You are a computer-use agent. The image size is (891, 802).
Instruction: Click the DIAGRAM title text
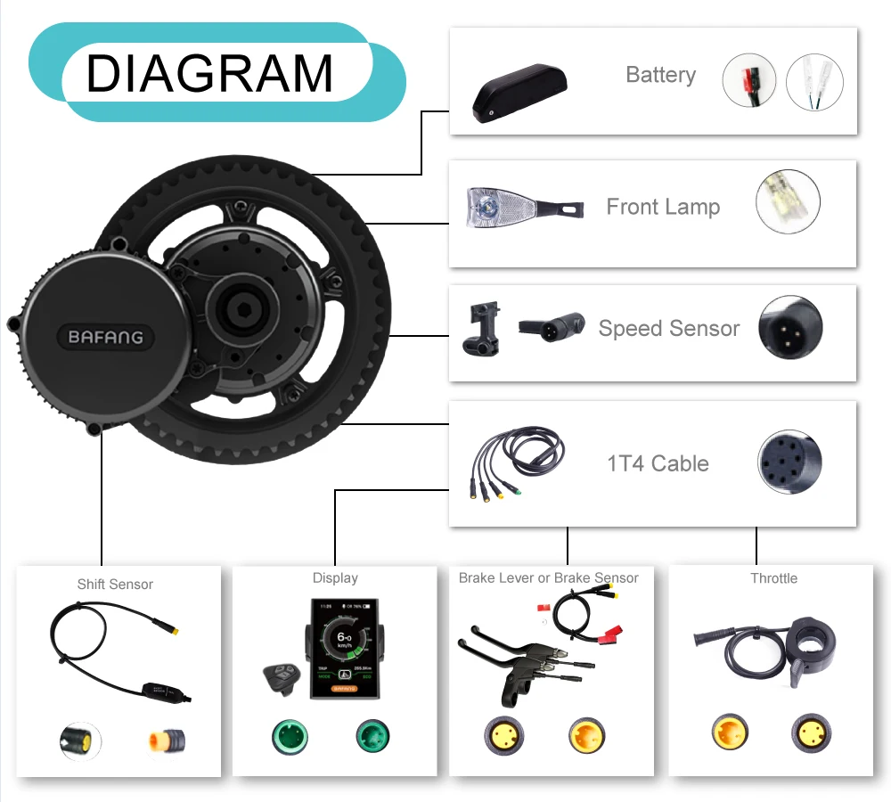tap(210, 73)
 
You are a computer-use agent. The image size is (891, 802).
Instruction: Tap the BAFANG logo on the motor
tap(106, 338)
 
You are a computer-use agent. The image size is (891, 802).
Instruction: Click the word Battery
tap(660, 75)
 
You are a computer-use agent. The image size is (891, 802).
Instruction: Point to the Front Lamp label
tap(663, 207)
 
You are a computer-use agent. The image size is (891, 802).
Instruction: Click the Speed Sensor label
tap(668, 328)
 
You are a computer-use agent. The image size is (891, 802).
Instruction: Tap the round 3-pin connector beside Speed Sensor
tap(789, 328)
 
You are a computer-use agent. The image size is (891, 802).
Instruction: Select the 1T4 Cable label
tap(658, 463)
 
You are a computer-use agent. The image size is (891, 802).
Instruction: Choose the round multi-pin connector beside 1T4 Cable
tap(789, 463)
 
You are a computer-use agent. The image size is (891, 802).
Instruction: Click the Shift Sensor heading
tap(115, 585)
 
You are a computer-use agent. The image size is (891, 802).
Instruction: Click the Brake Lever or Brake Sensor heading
tap(548, 578)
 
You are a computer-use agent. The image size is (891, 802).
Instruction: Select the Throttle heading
tap(773, 578)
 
